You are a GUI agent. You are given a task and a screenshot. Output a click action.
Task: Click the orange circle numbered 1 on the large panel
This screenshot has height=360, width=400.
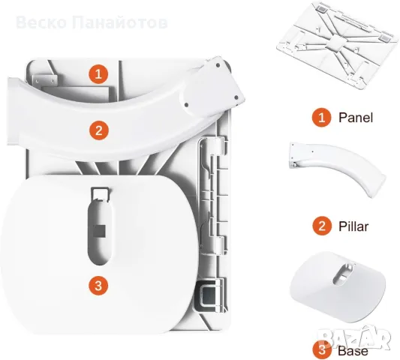pyautogui.click(x=98, y=74)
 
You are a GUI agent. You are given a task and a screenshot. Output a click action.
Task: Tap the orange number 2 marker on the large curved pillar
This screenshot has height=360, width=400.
pyautogui.click(x=99, y=130)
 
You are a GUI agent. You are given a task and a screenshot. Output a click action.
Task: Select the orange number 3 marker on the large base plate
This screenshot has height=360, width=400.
pyautogui.click(x=98, y=286)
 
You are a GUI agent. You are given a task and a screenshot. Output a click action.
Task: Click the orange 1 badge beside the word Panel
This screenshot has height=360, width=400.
pyautogui.click(x=321, y=118)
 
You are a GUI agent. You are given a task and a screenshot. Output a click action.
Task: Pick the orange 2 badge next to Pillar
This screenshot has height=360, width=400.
pyautogui.click(x=322, y=226)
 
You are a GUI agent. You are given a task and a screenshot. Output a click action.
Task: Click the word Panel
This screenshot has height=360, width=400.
pyautogui.click(x=356, y=118)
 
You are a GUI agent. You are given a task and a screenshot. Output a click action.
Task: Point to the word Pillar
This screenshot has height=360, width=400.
pyautogui.click(x=353, y=226)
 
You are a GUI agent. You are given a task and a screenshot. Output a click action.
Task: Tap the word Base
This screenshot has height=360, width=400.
pyautogui.click(x=353, y=351)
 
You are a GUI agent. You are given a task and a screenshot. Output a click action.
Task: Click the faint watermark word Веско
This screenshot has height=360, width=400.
pyautogui.click(x=42, y=22)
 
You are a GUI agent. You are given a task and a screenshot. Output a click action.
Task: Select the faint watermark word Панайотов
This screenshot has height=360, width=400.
pyautogui.click(x=120, y=22)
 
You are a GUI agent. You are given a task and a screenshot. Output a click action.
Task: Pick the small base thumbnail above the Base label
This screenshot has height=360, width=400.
pyautogui.click(x=338, y=286)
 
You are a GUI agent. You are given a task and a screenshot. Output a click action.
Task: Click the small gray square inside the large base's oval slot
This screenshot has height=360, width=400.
pyautogui.click(x=100, y=231)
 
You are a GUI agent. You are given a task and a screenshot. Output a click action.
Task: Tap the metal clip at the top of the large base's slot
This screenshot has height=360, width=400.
pyautogui.click(x=101, y=194)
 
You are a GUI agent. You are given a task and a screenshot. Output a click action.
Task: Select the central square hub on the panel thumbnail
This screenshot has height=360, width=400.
pyautogui.click(x=338, y=43)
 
